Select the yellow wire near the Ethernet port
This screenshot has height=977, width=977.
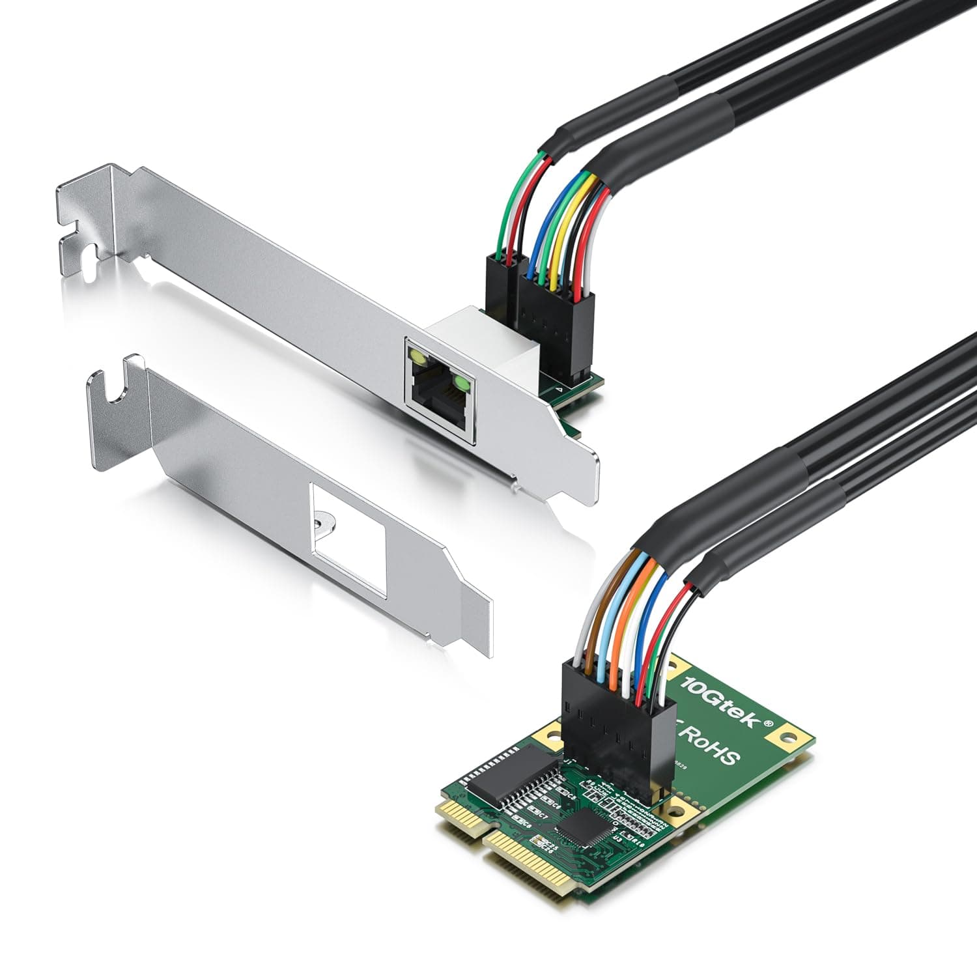(x=554, y=241)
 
